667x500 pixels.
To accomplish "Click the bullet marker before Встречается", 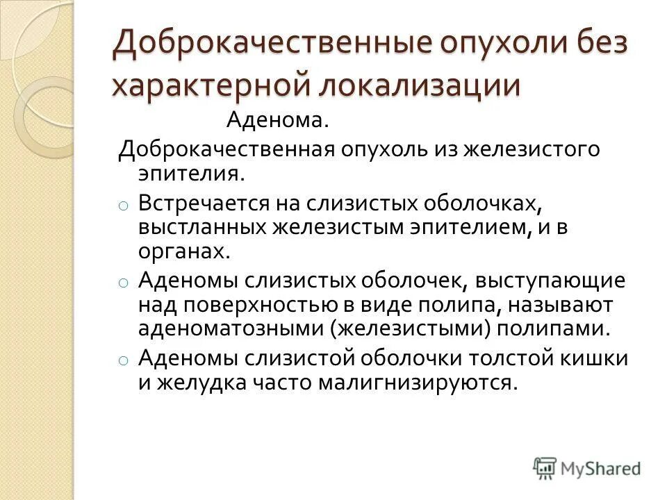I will pyautogui.click(x=122, y=206).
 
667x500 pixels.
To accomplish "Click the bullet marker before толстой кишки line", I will pyautogui.click(x=122, y=360).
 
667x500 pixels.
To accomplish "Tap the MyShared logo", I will pyautogui.click(x=587, y=467).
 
